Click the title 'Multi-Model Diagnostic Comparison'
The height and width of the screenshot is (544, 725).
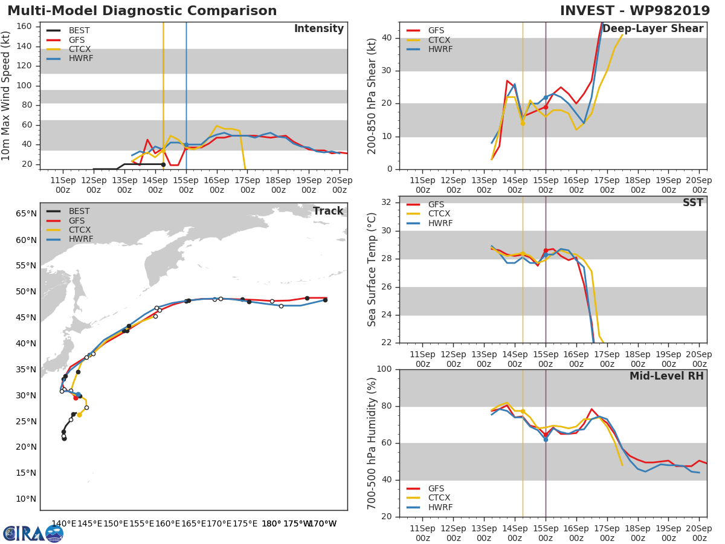click(142, 11)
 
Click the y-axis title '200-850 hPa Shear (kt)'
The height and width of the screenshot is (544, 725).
click(372, 96)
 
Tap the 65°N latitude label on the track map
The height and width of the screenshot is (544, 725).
click(25, 214)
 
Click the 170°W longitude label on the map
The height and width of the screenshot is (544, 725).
click(323, 524)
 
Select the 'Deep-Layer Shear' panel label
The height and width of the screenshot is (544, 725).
click(652, 29)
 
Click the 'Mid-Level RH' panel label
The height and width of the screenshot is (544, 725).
click(666, 376)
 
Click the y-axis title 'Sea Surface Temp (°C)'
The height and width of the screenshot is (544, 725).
click(372, 269)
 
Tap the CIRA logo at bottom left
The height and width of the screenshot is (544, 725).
click(33, 533)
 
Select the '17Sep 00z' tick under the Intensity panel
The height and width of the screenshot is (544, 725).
click(247, 184)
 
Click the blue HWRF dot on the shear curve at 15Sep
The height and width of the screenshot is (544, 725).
click(546, 97)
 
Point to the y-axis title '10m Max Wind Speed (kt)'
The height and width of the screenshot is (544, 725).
click(7, 96)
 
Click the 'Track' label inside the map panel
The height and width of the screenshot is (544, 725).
click(327, 211)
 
